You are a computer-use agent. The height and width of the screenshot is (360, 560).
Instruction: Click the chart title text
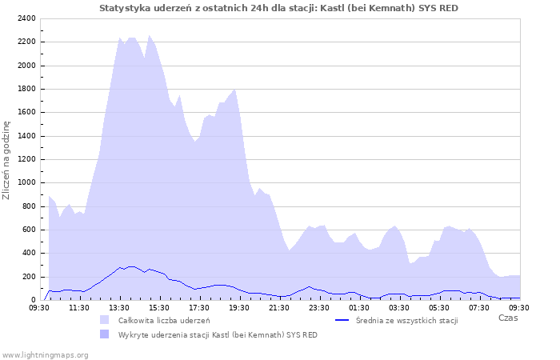pyautogui.click(x=279, y=7)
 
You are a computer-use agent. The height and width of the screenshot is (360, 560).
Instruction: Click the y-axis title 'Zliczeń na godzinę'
pyautogui.click(x=6, y=160)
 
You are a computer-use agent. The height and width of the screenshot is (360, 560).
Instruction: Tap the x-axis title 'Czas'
pyautogui.click(x=507, y=318)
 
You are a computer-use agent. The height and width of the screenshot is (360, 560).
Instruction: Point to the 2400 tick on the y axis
pyautogui.click(x=26, y=18)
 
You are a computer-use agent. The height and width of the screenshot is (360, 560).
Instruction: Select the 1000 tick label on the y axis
pyautogui.click(x=26, y=183)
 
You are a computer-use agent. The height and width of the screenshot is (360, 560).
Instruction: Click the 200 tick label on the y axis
pyautogui.click(x=28, y=277)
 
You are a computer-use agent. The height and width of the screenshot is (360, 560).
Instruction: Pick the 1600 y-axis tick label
pyautogui.click(x=26, y=113)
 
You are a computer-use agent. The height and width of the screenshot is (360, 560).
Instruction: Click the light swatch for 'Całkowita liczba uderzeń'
pyautogui.click(x=105, y=320)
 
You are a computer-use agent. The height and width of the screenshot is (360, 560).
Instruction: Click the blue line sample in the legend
pyautogui.click(x=342, y=320)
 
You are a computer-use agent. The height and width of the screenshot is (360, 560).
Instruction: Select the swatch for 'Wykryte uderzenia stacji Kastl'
pyautogui.click(x=105, y=334)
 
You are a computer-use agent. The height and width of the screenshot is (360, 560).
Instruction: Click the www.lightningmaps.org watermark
pyautogui.click(x=45, y=354)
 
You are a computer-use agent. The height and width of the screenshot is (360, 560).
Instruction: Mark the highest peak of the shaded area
pyautogui.click(x=150, y=35)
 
